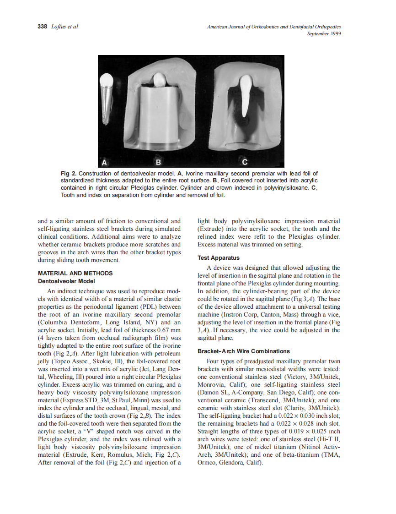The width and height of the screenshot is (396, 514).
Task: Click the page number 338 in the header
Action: click(x=42, y=27)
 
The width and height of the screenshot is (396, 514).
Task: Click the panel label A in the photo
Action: click(x=105, y=162)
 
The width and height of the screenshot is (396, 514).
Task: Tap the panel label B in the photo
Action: click(x=159, y=162)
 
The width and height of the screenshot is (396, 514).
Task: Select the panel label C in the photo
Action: click(x=245, y=162)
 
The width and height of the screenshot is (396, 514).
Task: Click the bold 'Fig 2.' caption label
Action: click(x=69, y=174)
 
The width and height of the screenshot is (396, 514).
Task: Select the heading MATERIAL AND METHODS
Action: click(x=75, y=273)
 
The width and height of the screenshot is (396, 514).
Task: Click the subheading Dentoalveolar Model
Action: click(x=66, y=281)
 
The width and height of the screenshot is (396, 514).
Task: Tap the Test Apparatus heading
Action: click(x=218, y=258)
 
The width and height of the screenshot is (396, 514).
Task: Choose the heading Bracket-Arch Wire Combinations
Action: click(x=243, y=351)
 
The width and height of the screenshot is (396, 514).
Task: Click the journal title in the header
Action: click(x=274, y=27)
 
